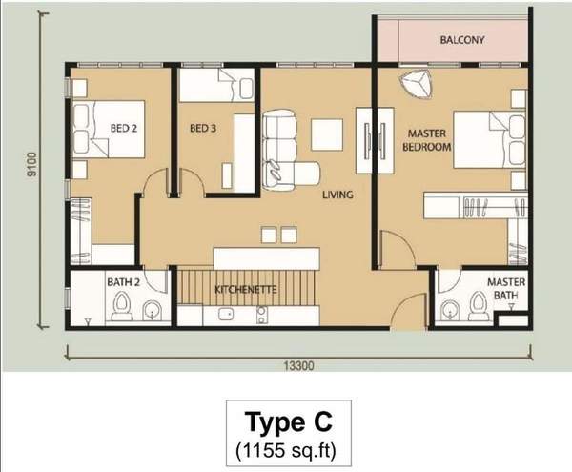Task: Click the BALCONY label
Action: tap(461, 40)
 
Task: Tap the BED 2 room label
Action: tap(124, 128)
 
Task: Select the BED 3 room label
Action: tap(203, 128)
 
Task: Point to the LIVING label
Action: tap(337, 195)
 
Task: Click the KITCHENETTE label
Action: tap(246, 290)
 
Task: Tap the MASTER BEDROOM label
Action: tap(426, 140)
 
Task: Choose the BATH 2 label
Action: tap(123, 282)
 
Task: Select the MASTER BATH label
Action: tap(506, 289)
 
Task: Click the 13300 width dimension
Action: tap(298, 365)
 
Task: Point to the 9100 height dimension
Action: tap(32, 164)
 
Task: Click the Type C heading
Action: tap(288, 421)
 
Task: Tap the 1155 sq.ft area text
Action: tap(286, 451)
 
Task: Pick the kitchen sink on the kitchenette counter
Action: tap(226, 314)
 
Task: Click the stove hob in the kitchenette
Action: tap(261, 315)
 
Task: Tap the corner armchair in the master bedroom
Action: tap(416, 84)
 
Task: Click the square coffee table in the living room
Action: tap(327, 134)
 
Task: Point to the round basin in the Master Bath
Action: tap(449, 311)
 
